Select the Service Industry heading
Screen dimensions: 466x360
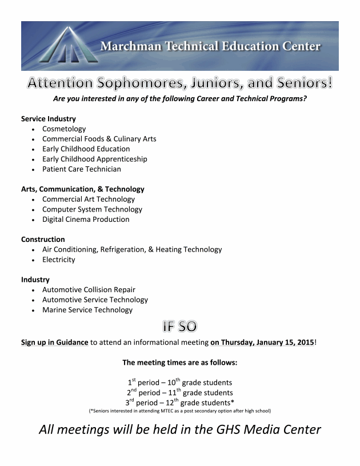tap(49, 118)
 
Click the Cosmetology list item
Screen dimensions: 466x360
tap(64, 129)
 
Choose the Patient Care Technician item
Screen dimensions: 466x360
tap(82, 169)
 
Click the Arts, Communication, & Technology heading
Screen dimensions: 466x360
tap(83, 189)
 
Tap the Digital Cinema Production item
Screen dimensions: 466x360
tap(86, 220)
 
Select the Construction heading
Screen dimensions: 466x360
tap(43, 240)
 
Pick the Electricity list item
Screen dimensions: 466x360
tap(58, 260)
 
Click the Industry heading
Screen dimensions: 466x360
tap(35, 280)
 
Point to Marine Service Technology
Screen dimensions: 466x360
tap(87, 310)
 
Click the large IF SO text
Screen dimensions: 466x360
tap(179, 327)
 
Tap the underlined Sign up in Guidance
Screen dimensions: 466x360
tap(55, 342)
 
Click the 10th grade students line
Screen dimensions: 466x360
tap(179, 382)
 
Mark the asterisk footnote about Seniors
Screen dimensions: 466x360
tap(179, 411)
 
